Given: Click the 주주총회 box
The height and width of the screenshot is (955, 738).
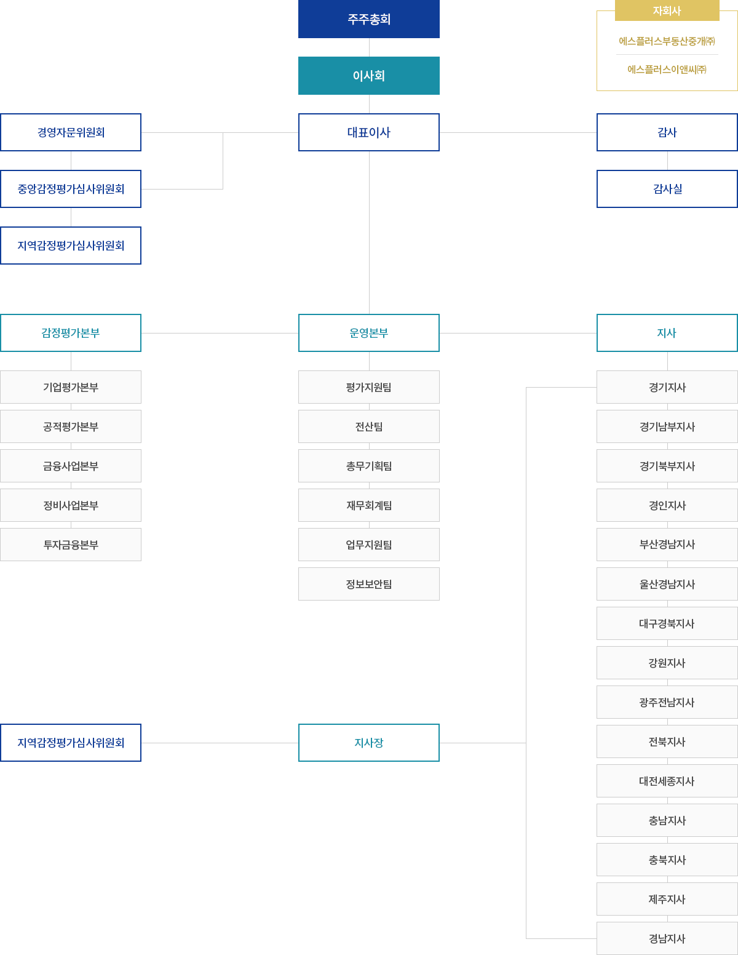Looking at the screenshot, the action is click(x=369, y=19).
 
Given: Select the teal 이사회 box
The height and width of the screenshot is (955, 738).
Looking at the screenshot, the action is click(x=369, y=76).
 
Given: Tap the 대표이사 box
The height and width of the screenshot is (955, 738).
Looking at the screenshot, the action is click(x=369, y=132).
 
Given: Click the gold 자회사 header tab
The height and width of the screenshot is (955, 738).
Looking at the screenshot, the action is click(x=667, y=10).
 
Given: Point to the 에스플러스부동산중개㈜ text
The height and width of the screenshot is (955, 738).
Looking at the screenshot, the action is click(x=667, y=41).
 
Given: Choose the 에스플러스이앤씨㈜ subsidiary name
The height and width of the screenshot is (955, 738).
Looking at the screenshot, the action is click(x=667, y=70).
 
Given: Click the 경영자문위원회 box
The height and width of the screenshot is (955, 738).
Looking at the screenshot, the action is click(x=71, y=132).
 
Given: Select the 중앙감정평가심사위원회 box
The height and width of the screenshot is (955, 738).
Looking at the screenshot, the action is click(x=71, y=189).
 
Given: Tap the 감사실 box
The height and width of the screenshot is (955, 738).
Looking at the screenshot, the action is click(x=667, y=189).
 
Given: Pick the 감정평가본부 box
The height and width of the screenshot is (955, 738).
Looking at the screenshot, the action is click(x=71, y=333).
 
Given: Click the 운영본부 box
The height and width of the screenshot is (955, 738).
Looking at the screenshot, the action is click(x=369, y=333).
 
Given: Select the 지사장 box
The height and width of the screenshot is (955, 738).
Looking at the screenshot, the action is click(x=369, y=743).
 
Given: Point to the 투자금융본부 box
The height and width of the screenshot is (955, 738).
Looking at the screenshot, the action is click(x=71, y=545).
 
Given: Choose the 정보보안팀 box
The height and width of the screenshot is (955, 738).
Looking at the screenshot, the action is click(x=369, y=584).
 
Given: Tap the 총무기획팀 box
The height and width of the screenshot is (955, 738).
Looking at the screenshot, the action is click(x=369, y=466).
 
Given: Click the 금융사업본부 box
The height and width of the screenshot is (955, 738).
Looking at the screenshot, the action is click(x=71, y=466).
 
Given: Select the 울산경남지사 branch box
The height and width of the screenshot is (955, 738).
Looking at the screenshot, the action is click(x=667, y=584).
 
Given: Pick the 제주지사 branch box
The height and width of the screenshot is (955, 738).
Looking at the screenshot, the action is click(x=667, y=899).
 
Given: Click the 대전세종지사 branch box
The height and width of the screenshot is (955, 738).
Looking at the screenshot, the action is click(x=667, y=781).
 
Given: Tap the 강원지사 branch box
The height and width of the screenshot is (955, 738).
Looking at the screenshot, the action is click(x=667, y=663).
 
